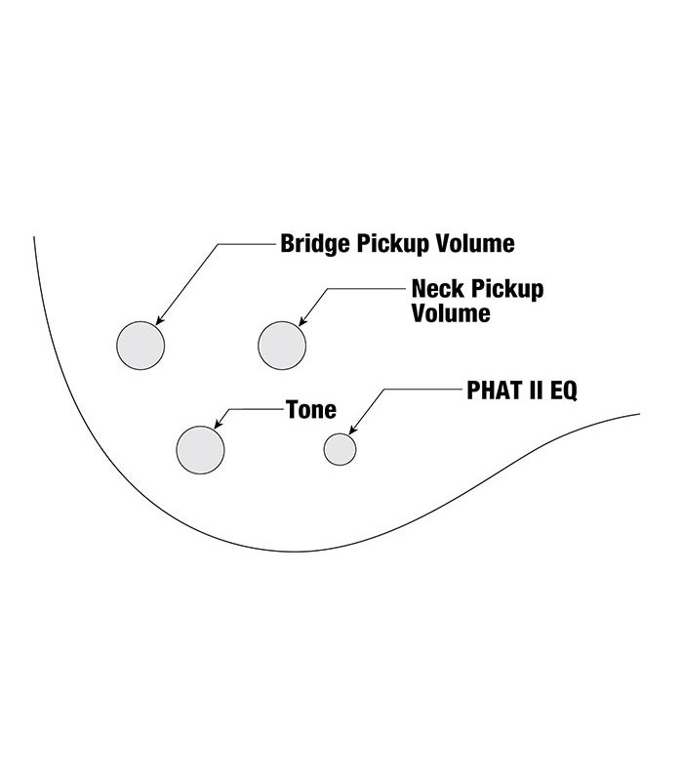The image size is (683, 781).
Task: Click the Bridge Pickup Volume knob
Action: coord(141,345)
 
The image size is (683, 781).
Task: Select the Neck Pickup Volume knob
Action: coord(282,345)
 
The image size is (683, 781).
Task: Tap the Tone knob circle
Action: coord(200,449)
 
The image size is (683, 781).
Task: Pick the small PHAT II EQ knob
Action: coord(340,449)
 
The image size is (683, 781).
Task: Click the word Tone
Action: coord(310,410)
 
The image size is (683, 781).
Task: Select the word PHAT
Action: coord(494,391)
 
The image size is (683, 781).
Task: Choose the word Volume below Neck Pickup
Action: coord(450,314)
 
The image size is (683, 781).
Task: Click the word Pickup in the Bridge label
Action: coord(386,242)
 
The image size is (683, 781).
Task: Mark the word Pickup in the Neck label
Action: coord(507,290)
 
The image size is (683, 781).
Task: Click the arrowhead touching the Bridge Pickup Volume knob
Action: coord(159,320)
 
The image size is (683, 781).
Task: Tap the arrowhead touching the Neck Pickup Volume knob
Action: coord(301,321)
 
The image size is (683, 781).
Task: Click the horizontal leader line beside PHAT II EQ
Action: coord(423,390)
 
